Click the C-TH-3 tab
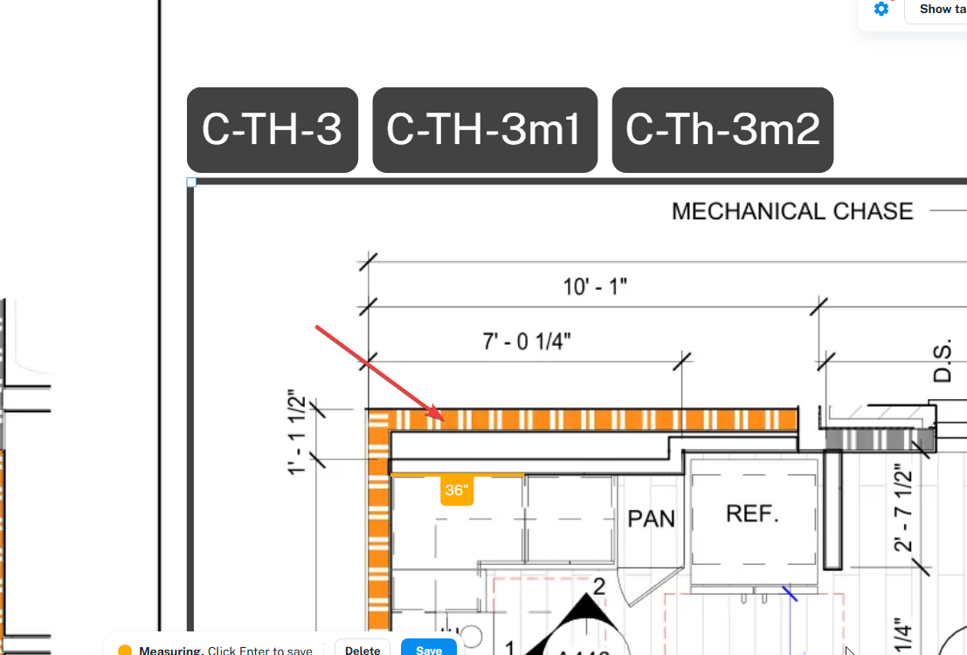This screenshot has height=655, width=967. coord(272,129)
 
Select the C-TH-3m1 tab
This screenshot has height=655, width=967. coord(484,129)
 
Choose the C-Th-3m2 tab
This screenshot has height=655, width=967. coord(722,129)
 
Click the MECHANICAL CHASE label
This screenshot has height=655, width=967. coord(792,211)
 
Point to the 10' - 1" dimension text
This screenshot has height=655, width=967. coord(595,286)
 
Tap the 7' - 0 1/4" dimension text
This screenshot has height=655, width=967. coord(527,341)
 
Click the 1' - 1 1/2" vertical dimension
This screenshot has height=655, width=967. coord(296,433)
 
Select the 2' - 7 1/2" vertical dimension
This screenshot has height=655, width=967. coord(903,511)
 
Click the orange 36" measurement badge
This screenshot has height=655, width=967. coord(457,491)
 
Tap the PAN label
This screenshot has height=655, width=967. coord(652,519)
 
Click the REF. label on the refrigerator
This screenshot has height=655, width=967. coord(753,514)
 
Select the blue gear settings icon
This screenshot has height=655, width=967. coord(881,9)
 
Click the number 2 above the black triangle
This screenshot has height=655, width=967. coord(598,586)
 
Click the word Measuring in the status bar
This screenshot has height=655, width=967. coord(170,651)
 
